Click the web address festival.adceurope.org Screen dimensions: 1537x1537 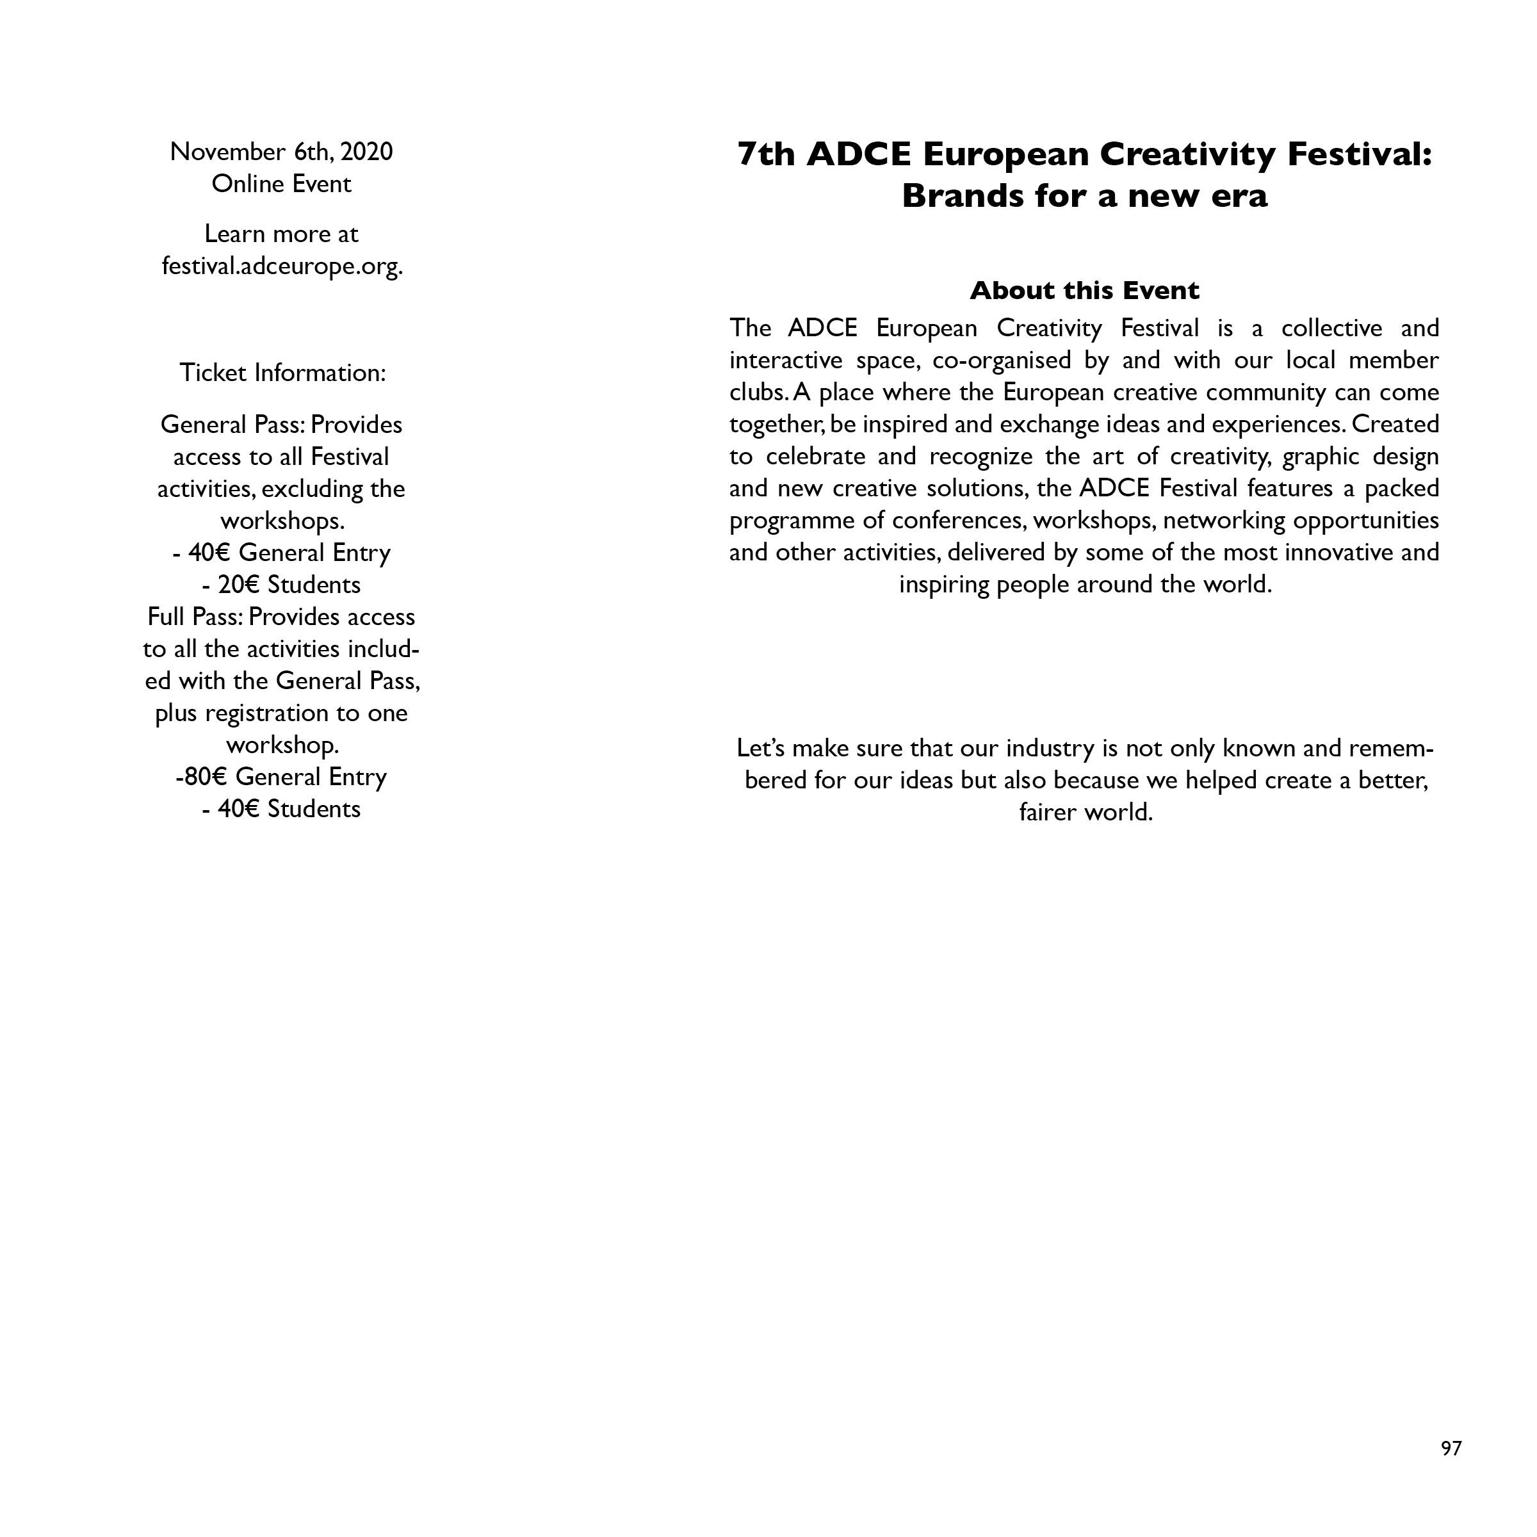click(282, 266)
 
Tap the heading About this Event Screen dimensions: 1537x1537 click(1084, 290)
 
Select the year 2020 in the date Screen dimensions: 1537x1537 click(367, 151)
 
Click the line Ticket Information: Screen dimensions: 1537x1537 click(282, 372)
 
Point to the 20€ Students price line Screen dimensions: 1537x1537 click(282, 585)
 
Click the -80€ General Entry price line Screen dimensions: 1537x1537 click(282, 776)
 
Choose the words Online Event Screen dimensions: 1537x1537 click(282, 184)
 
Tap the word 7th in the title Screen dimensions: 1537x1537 click(766, 154)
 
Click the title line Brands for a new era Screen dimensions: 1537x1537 click(1084, 196)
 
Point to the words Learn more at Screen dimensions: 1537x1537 click(282, 234)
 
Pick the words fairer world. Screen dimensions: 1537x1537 click(1085, 812)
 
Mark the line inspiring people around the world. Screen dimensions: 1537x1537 click(1085, 585)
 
